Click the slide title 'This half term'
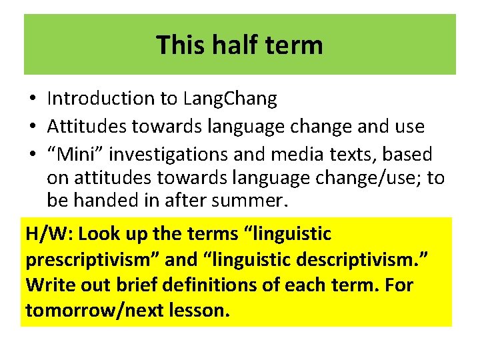[239, 45]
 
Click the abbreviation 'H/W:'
[49, 235]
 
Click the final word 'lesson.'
[197, 310]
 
